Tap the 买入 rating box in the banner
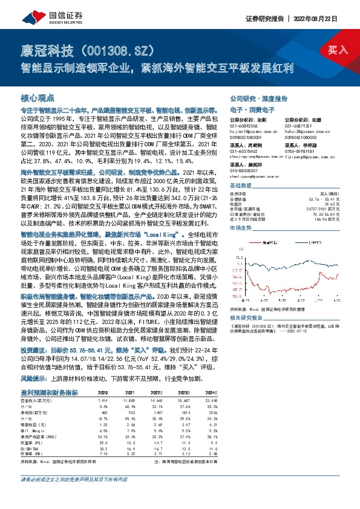(338, 50)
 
